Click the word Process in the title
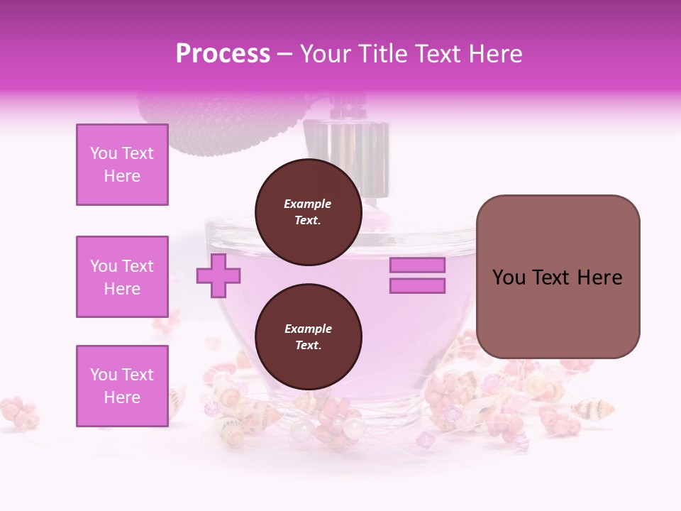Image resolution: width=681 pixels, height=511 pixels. [223, 54]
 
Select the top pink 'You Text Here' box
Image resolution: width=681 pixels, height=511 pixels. [122, 165]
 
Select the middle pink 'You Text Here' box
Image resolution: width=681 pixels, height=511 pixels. [122, 277]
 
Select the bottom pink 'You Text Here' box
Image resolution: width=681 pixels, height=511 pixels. [122, 386]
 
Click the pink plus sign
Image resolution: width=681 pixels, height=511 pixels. [218, 275]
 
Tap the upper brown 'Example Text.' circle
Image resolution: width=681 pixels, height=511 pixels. [308, 212]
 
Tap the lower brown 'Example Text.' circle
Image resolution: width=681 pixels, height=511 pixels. [308, 337]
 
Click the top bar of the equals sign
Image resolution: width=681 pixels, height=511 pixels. [417, 265]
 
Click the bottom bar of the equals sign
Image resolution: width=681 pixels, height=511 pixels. [417, 286]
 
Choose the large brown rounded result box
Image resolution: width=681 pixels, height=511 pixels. [558, 277]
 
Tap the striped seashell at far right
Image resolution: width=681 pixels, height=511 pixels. [592, 408]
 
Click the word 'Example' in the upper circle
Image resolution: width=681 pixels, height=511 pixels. [308, 204]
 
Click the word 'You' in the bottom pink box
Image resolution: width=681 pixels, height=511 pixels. [104, 375]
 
